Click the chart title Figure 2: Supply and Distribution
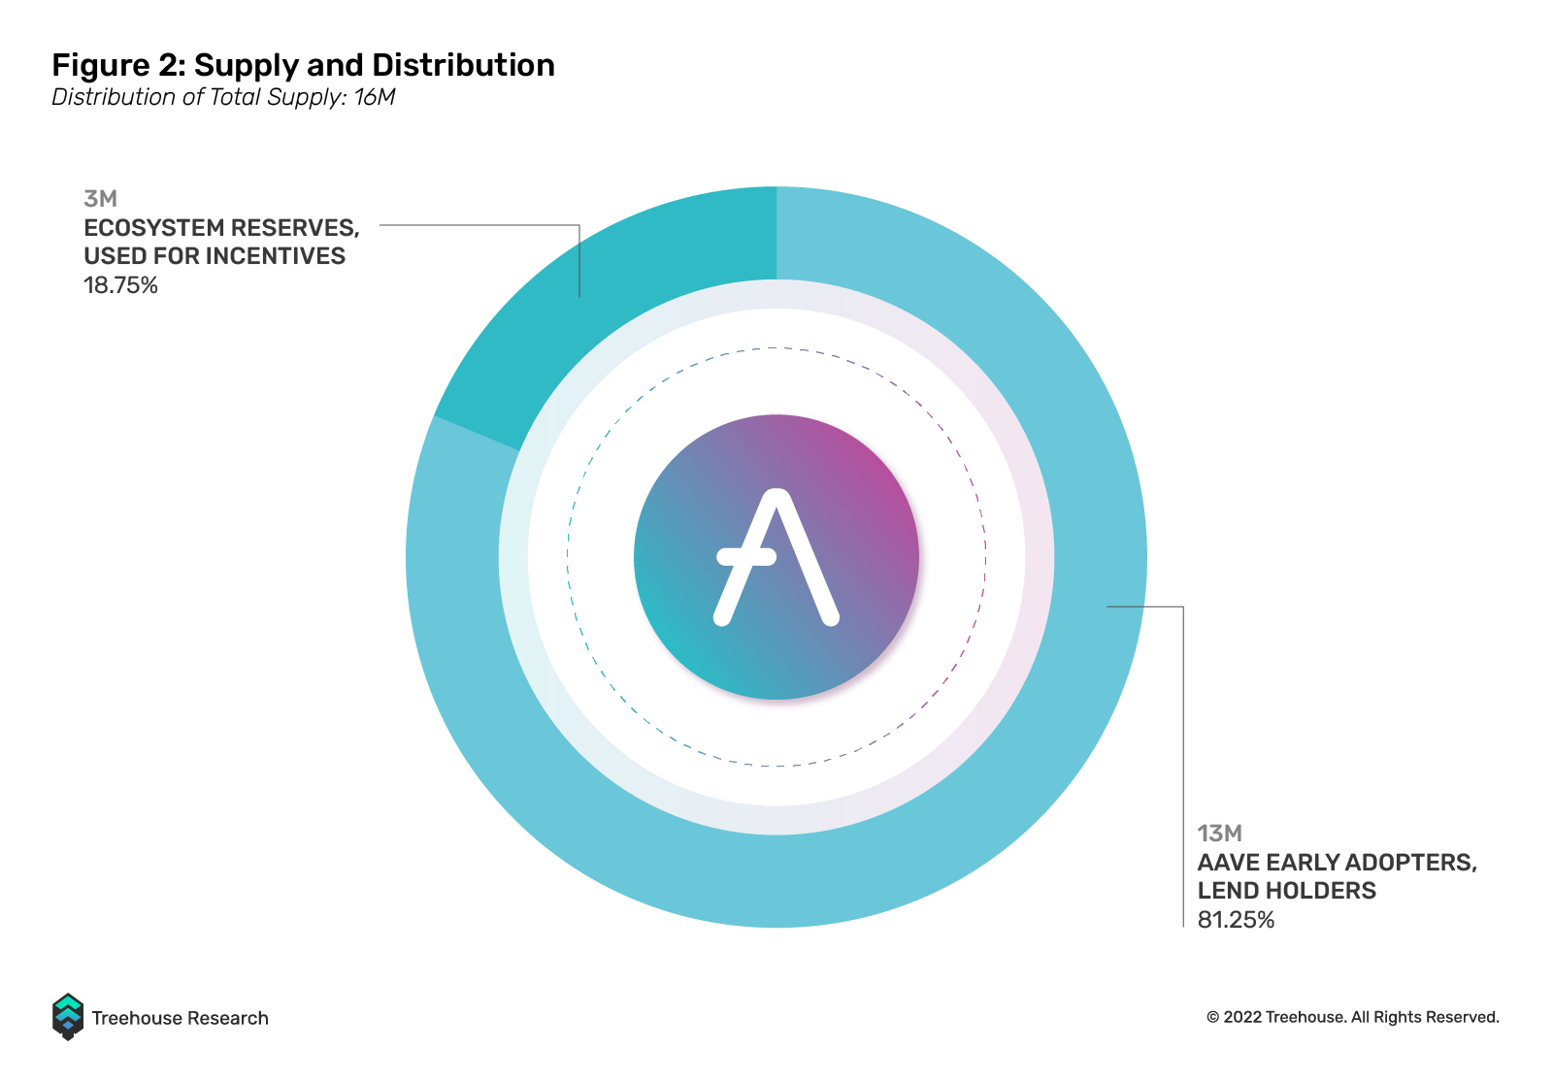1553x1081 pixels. click(x=303, y=66)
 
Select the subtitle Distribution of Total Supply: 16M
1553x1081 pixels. click(x=223, y=97)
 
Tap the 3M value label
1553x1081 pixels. click(x=101, y=199)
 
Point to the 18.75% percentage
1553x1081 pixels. click(x=120, y=285)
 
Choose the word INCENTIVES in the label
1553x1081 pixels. click(x=280, y=256)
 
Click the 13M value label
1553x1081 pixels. click(x=1219, y=833)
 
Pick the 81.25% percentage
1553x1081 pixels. click(x=1237, y=920)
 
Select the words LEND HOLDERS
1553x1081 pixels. click(x=1287, y=891)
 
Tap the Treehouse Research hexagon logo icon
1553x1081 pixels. click(x=68, y=1017)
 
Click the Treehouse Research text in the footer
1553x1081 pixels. click(x=181, y=1018)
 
